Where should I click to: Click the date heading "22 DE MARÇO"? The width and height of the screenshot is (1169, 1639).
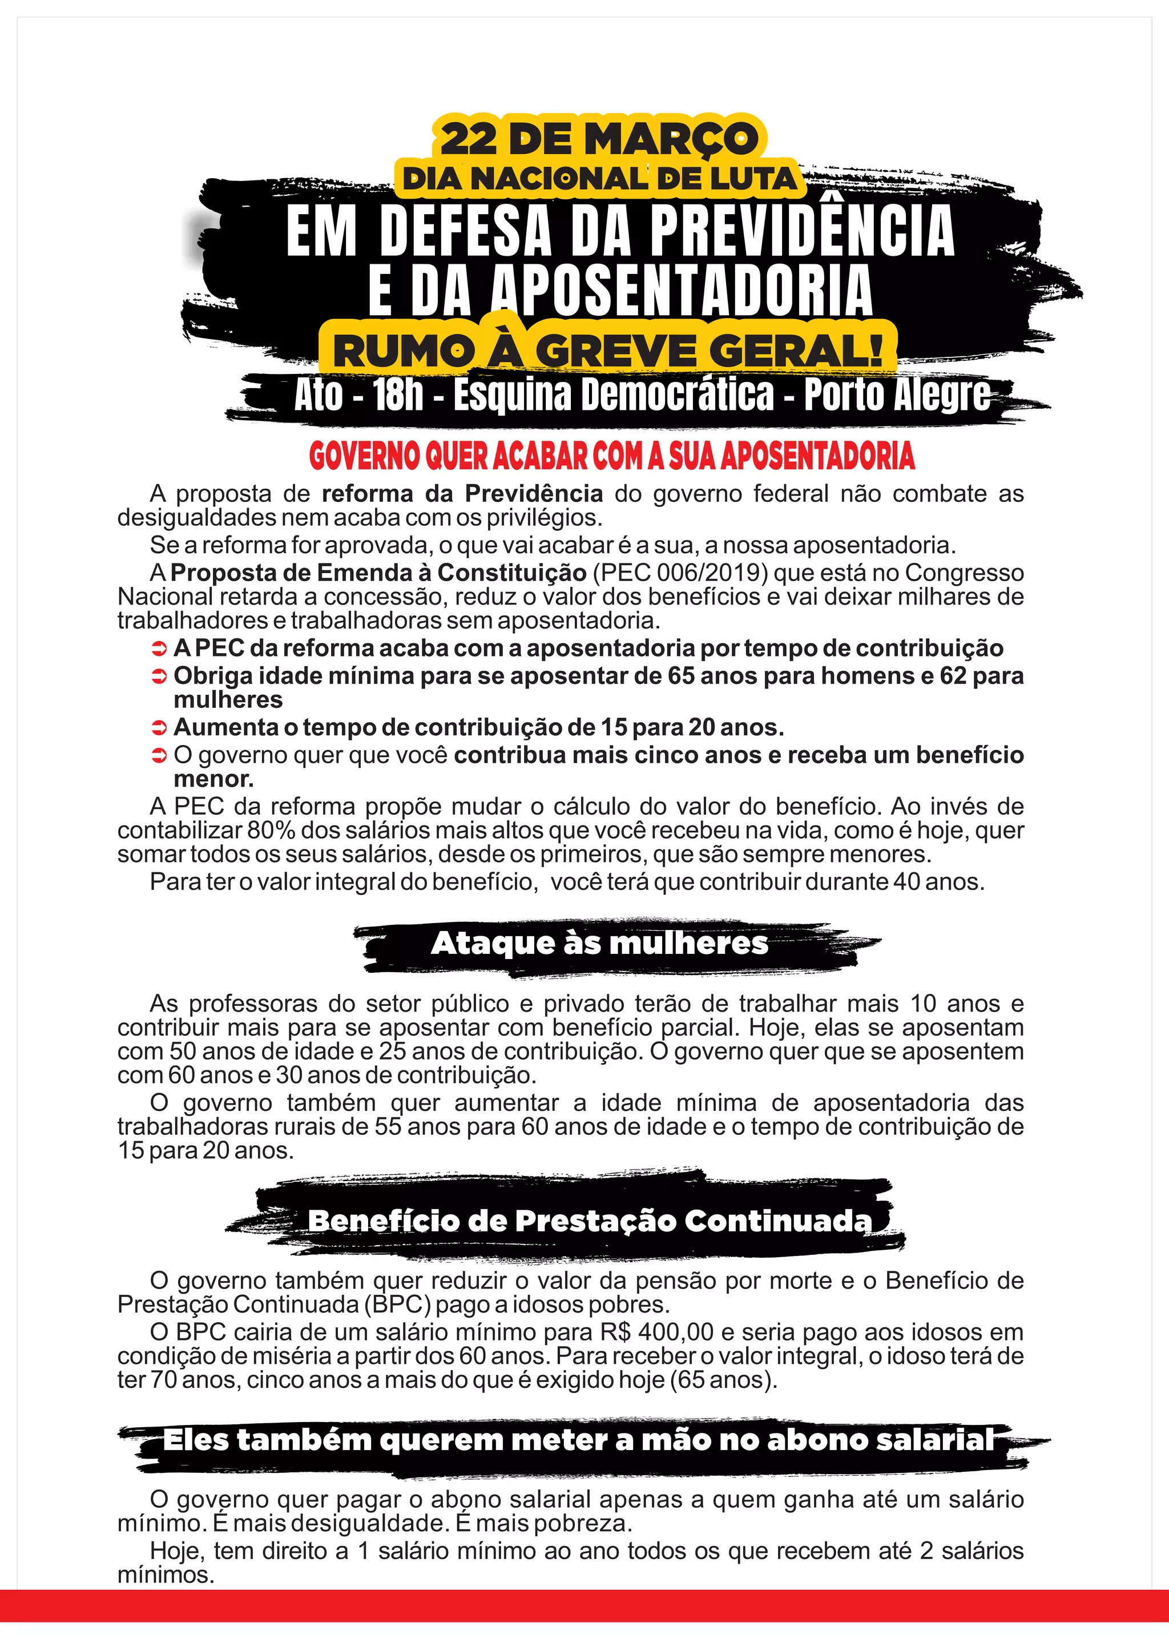599,138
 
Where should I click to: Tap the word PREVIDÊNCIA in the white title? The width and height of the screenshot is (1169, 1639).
802,232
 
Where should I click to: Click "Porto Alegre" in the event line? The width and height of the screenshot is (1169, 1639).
896,395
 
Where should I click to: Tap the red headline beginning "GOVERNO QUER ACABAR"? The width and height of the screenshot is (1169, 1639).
611,456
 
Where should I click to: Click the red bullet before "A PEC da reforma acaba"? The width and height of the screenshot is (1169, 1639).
159,649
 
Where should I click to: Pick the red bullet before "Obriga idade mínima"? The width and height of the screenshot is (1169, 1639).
159,677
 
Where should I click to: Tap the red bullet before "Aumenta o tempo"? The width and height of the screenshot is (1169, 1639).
159,728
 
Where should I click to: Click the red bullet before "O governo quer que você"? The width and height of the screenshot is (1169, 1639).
159,756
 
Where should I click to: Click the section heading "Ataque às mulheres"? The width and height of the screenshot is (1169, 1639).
599,943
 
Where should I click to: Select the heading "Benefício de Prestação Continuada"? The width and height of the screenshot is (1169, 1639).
589,1220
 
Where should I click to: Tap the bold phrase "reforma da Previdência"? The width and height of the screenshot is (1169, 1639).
462,494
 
